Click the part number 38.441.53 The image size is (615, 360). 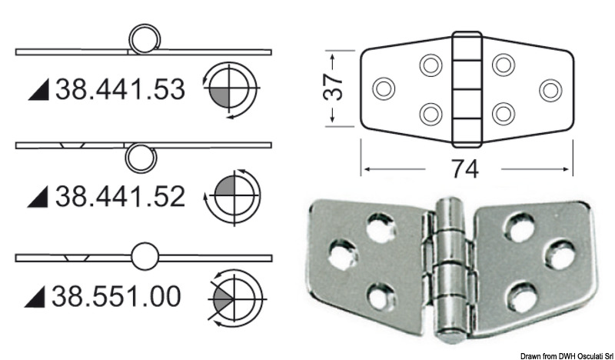coord(119,91)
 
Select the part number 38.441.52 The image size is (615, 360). coord(119,197)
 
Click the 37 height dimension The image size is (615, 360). coord(331,89)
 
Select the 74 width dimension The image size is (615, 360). coord(465,168)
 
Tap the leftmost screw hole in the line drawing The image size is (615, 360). coord(382,89)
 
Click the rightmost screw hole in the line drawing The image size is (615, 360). coord(549,89)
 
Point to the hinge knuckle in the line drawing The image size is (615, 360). coord(465,88)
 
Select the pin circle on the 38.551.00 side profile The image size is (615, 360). coord(145,257)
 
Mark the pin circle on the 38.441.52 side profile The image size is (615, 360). coord(139,156)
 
